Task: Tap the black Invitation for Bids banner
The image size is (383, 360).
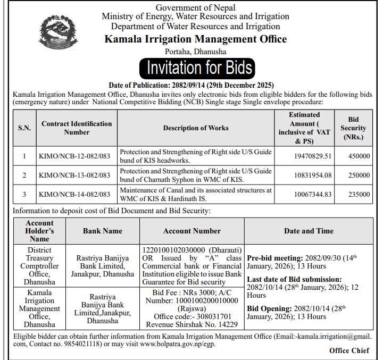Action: pos(195,68)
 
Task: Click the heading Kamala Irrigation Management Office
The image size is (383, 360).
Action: pos(195,39)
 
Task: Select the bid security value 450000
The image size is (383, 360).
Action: pos(357,156)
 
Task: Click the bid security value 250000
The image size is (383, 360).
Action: pos(357,175)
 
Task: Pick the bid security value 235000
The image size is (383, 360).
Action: pos(357,194)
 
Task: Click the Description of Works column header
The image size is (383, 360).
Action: pos(196,128)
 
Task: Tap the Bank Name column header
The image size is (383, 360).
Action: pos(103,231)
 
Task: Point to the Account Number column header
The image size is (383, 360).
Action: pos(192,231)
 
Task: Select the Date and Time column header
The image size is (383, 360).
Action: pos(309,231)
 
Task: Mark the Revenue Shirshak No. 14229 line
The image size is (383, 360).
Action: pos(192,324)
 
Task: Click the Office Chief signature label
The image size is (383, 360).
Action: pos(349,350)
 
